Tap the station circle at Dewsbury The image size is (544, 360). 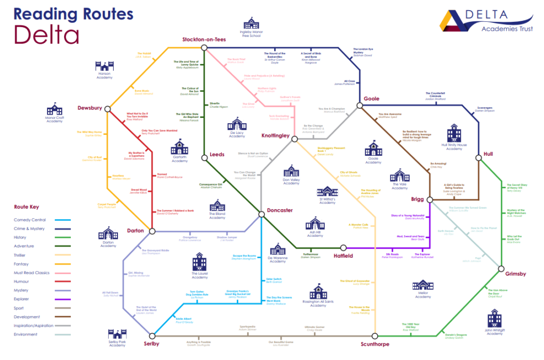tap(108, 108)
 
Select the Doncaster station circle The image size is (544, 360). tap(261, 214)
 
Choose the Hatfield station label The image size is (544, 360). tap(358, 255)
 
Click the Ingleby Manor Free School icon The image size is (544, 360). tap(251, 23)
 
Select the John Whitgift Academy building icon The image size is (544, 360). tap(494, 318)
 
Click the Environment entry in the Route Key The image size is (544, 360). tap(26, 334)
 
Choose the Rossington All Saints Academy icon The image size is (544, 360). tap(318, 291)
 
